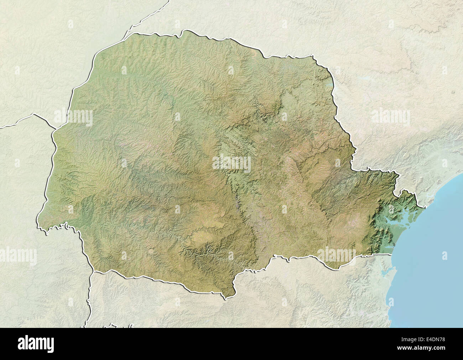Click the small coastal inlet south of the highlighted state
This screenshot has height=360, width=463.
click(x=385, y=271)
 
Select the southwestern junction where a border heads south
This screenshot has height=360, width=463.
click(x=93, y=272)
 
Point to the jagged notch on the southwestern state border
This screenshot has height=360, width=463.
click(x=64, y=225)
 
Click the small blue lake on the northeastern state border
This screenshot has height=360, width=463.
click(x=332, y=85)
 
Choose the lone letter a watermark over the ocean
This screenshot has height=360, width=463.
click(x=444, y=256)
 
